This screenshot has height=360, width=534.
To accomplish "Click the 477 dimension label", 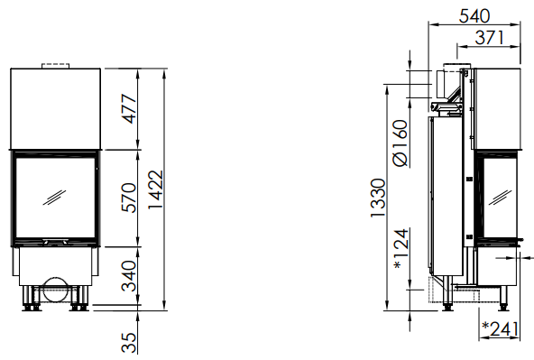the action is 129,108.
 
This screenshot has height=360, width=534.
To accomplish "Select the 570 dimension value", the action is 129,198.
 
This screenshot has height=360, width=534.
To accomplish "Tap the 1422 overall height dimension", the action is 156,189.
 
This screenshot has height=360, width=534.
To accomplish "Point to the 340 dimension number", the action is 129,276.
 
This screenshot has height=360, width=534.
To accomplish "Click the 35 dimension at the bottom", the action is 129,343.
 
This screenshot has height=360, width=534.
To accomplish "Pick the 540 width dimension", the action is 474,16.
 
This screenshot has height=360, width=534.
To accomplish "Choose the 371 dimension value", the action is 490,38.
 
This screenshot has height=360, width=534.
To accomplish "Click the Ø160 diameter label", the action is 400,143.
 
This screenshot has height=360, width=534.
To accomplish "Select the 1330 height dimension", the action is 378,198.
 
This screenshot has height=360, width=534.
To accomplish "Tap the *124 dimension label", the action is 400,249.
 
